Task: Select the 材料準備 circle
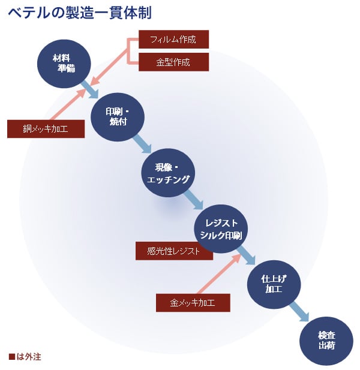64,62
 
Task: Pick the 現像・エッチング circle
168,172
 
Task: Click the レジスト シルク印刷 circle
221,228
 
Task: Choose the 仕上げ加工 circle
274,284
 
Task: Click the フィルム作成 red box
173,40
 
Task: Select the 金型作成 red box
173,62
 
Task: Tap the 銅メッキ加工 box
46,128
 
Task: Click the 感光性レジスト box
174,251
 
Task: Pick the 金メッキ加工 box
193,302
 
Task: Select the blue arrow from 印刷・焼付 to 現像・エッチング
142,145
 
